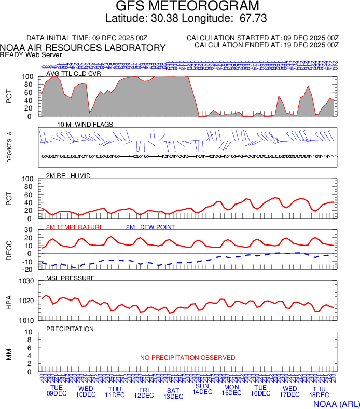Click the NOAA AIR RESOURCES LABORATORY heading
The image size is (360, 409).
[83, 48]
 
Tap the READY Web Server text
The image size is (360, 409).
[31, 54]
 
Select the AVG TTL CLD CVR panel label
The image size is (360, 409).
[73, 73]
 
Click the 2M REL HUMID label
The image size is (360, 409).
[68, 176]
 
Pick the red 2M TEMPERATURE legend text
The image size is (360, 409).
[75, 227]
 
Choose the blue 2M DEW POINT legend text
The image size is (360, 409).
[150, 227]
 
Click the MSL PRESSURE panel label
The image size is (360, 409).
[70, 278]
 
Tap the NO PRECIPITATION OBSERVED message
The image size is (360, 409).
[187, 358]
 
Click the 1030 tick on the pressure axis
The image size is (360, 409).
[26, 281]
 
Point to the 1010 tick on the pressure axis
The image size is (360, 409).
[26, 320]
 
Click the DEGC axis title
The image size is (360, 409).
[9, 250]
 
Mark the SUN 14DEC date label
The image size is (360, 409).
[202, 389]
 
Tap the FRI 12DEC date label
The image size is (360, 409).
[144, 392]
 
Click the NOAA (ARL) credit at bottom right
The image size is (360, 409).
[336, 403]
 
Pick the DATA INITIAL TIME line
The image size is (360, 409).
[87, 38]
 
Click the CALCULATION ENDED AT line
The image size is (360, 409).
[266, 45]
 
